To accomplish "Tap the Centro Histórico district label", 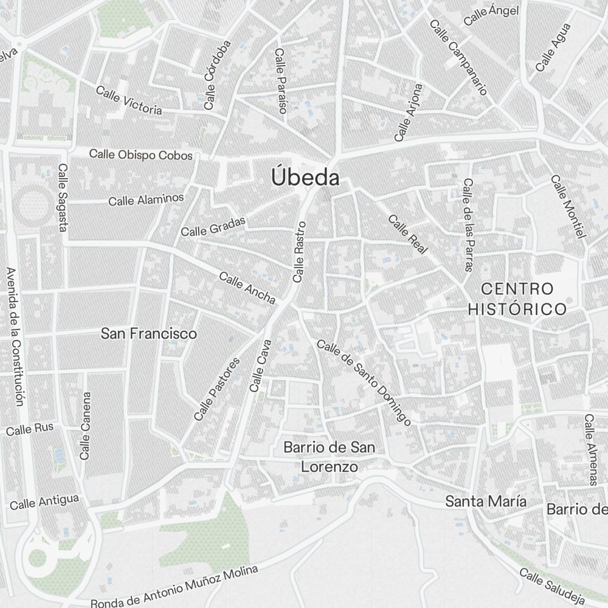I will click(517, 299).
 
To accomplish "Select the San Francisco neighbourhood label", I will click(149, 334).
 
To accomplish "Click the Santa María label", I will click(486, 502).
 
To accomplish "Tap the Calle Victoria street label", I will click(129, 100).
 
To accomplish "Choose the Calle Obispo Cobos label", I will click(140, 154).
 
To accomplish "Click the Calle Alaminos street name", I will click(146, 199).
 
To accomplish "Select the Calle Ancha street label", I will click(247, 288).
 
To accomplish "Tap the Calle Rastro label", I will click(299, 252).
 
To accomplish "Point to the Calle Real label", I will click(408, 234).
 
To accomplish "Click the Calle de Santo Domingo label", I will click(364, 382).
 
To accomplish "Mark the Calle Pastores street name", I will click(216, 389).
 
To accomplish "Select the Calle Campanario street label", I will click(458, 57).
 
